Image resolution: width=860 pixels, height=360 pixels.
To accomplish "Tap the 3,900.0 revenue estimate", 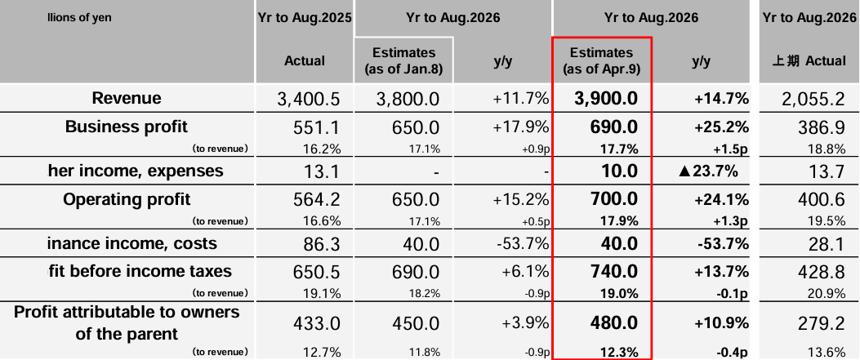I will point(602,100).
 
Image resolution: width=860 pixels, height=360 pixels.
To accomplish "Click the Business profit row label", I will point(127,127).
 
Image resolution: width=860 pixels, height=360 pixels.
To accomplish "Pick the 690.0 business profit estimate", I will point(602,127).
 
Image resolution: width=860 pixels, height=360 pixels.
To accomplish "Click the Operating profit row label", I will point(127,199).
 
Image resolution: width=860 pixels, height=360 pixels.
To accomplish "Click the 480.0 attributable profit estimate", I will point(602,323).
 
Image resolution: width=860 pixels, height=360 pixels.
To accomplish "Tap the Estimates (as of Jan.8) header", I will point(403,60).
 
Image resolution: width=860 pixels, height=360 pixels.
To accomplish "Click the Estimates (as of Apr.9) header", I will point(602,60).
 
